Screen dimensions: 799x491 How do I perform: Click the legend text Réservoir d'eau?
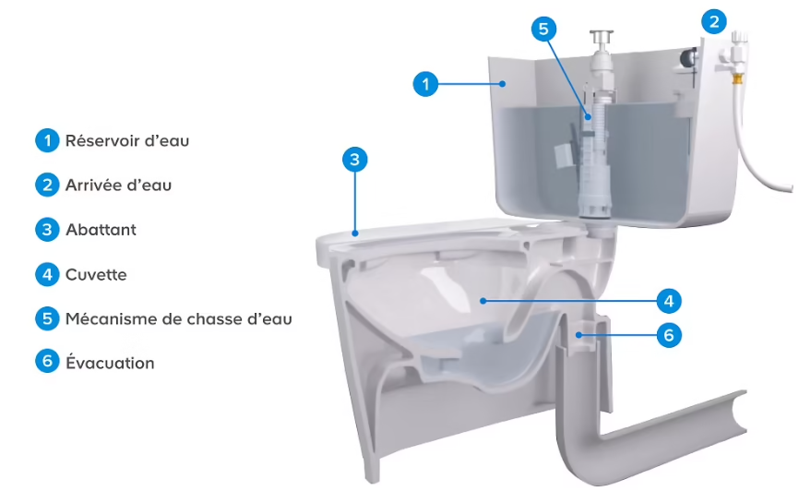(x=127, y=140)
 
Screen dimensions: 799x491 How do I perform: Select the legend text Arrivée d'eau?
(x=118, y=186)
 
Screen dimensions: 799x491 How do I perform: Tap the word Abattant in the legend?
(x=101, y=230)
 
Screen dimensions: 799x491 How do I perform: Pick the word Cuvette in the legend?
(x=96, y=275)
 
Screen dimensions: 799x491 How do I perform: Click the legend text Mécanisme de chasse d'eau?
(x=178, y=319)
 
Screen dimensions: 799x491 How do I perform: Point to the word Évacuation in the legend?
(x=110, y=363)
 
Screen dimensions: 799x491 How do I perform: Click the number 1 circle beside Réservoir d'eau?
(x=47, y=140)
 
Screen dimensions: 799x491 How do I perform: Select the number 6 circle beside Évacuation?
(x=47, y=362)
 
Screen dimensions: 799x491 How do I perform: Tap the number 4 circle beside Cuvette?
(x=47, y=275)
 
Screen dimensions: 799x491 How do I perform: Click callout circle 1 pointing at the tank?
(x=425, y=84)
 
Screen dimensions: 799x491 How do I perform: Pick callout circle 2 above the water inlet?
(x=714, y=22)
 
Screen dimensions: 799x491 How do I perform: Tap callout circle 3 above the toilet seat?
(x=354, y=160)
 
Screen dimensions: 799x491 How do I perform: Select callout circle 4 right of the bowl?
(x=669, y=301)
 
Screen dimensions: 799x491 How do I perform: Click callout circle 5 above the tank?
(x=543, y=29)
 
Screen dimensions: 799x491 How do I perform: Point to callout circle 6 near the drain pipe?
(x=669, y=336)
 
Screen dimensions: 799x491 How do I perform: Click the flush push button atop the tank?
(x=602, y=38)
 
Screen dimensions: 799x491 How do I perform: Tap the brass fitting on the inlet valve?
(x=736, y=78)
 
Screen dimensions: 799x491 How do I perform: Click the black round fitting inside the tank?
(x=688, y=57)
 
